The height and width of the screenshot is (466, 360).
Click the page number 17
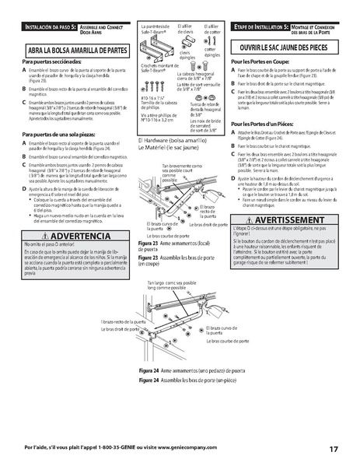[333, 449]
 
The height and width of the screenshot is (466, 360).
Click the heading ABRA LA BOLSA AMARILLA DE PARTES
[76, 48]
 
